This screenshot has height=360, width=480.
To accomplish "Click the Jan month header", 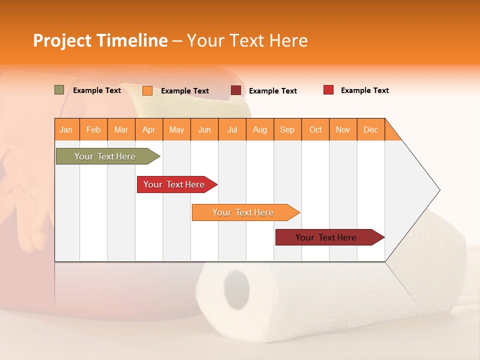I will (x=66, y=129).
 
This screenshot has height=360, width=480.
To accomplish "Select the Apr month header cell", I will (x=149, y=129).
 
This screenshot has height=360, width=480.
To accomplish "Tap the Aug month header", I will (x=260, y=129).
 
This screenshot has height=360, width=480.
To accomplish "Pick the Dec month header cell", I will (x=371, y=129).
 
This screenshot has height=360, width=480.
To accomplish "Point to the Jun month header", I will (x=204, y=129).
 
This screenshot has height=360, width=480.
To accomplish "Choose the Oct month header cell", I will (x=315, y=129).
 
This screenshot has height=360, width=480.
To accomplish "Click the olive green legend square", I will (x=59, y=90).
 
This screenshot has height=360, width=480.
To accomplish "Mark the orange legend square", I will (x=147, y=90).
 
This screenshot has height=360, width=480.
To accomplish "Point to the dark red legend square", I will (x=236, y=90).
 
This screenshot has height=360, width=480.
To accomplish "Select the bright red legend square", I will (x=328, y=90).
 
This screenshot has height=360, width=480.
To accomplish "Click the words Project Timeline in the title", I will (x=100, y=40).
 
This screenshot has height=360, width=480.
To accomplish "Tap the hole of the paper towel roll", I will (x=236, y=290).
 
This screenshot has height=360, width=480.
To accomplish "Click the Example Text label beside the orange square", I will (x=185, y=91).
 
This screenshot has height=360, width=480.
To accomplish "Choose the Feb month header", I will (x=93, y=129).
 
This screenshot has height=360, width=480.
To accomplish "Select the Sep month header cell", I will (x=287, y=129).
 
